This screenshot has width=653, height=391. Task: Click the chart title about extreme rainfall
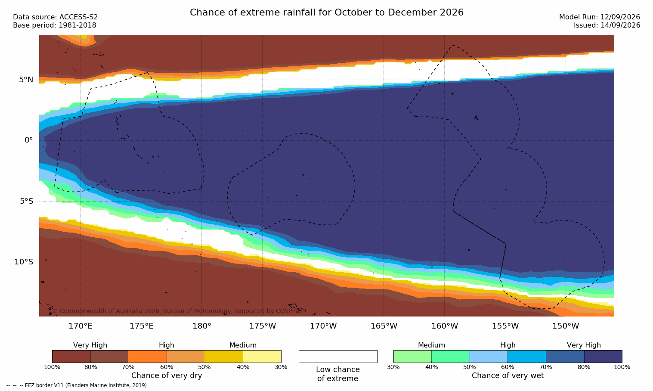[x=326, y=12]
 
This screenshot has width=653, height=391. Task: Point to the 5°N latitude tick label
[x=26, y=80]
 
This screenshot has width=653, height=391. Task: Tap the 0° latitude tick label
[x=28, y=140]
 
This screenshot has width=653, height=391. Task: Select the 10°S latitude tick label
[x=24, y=262]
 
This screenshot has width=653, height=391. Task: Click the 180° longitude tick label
[x=202, y=326]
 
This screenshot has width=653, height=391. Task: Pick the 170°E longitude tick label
[x=80, y=326]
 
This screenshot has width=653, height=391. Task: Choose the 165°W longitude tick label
[x=384, y=326]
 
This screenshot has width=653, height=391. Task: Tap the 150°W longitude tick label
[x=566, y=326]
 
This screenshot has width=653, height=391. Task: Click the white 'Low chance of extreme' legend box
[x=338, y=356]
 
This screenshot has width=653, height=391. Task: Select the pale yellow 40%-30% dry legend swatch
[x=262, y=356]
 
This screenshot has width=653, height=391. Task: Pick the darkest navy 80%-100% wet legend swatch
[x=603, y=356]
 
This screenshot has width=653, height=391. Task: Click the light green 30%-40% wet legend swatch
[x=412, y=356]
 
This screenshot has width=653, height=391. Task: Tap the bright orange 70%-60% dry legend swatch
[x=148, y=356]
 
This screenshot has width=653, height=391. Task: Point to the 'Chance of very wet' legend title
[x=508, y=375]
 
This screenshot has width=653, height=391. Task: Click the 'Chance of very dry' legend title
[x=167, y=375]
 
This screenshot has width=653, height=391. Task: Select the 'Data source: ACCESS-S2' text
[x=56, y=17]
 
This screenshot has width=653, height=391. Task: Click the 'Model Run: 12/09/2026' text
[x=599, y=17]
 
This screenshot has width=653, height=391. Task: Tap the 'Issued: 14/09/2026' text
[x=607, y=25]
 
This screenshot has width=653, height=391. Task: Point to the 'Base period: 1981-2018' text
[x=55, y=25]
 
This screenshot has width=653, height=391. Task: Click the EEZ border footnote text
[x=77, y=385]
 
